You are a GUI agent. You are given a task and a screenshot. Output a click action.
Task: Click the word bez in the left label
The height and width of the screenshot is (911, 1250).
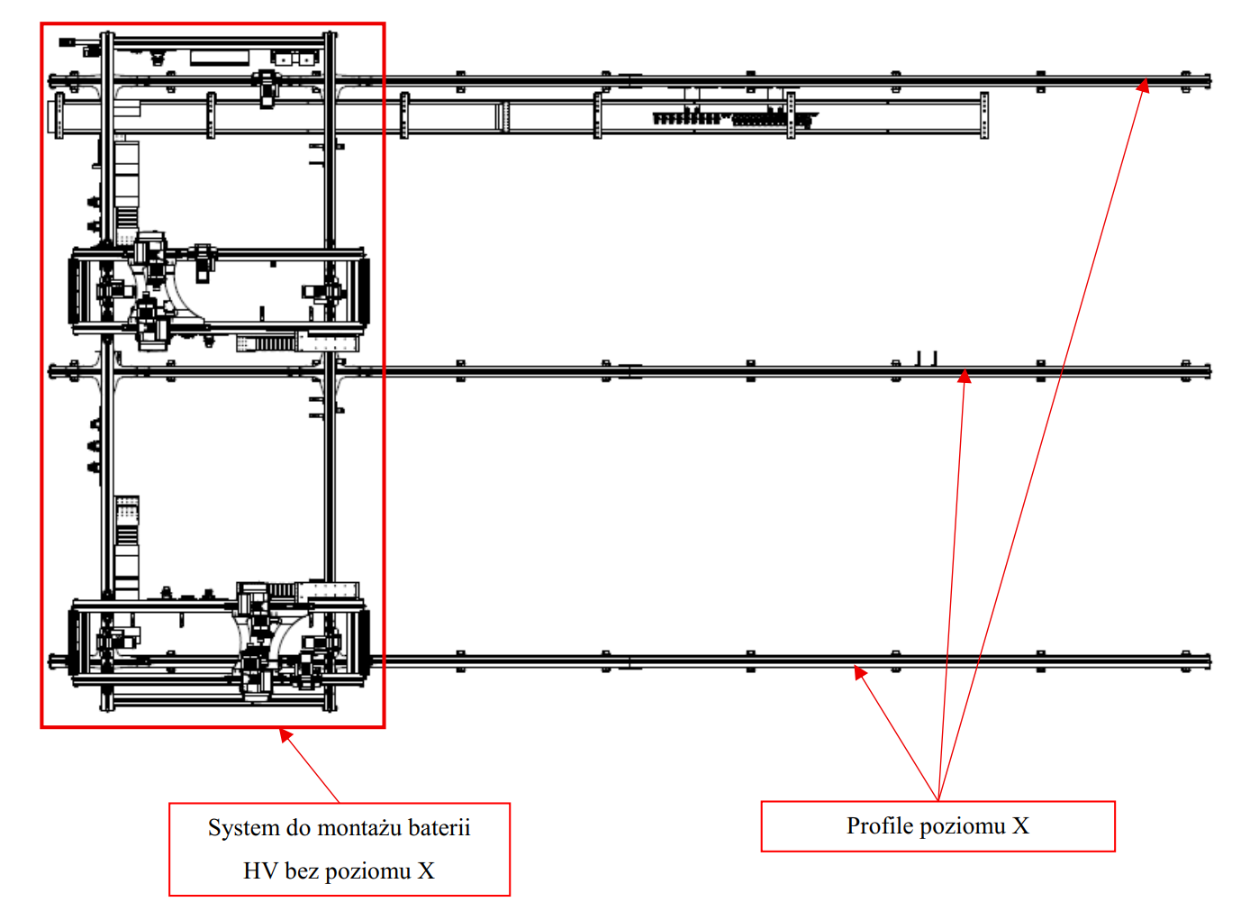301,871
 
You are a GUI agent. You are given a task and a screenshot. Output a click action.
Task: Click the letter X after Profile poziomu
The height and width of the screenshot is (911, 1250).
1020,826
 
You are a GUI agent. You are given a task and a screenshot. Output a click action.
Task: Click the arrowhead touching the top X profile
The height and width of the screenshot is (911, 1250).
1143,87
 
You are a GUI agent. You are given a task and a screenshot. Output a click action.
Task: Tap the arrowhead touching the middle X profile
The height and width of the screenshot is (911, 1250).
964,377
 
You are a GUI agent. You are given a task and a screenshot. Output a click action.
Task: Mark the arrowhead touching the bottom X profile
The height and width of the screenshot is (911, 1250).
860,672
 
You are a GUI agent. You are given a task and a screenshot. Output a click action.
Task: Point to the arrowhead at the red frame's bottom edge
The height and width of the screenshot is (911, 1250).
285,735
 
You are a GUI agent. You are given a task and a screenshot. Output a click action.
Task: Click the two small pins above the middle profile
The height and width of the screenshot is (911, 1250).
927,358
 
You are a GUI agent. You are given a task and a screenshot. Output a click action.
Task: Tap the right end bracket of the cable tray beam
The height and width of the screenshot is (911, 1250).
984,115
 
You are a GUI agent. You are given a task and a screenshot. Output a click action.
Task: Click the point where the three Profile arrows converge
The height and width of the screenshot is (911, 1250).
938,799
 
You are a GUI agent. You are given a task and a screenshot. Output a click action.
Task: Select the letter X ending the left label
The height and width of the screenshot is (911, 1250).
426,871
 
